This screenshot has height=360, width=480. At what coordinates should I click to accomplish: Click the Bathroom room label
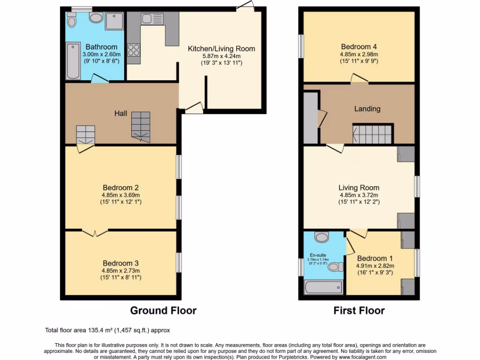pyautogui.click(x=101, y=47)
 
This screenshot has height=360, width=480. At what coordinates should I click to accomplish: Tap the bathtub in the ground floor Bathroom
pyautogui.click(x=73, y=61)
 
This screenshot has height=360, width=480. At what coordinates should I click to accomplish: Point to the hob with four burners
pyautogui.click(x=133, y=49)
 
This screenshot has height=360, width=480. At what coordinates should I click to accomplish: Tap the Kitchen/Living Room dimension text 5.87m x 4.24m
pyautogui.click(x=221, y=56)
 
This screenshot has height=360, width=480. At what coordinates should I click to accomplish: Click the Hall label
pyautogui.click(x=121, y=113)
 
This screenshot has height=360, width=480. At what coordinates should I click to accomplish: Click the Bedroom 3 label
pyautogui.click(x=120, y=263)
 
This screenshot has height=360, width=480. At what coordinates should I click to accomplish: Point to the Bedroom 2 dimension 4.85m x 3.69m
pyautogui.click(x=120, y=195)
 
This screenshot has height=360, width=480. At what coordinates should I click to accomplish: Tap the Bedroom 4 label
pyautogui.click(x=359, y=47)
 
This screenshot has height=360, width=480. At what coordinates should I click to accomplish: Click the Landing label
pyautogui.click(x=367, y=109)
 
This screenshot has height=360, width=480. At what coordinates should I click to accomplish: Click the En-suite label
pyautogui.click(x=318, y=255)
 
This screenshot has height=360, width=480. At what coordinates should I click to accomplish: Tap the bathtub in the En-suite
pyautogui.click(x=323, y=287)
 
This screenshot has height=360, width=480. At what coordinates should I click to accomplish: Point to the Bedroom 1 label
pyautogui.click(x=375, y=258)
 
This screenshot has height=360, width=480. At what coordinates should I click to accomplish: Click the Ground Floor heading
pyautogui.click(x=163, y=310)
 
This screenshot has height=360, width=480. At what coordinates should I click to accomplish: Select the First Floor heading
pyautogui.click(x=359, y=310)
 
